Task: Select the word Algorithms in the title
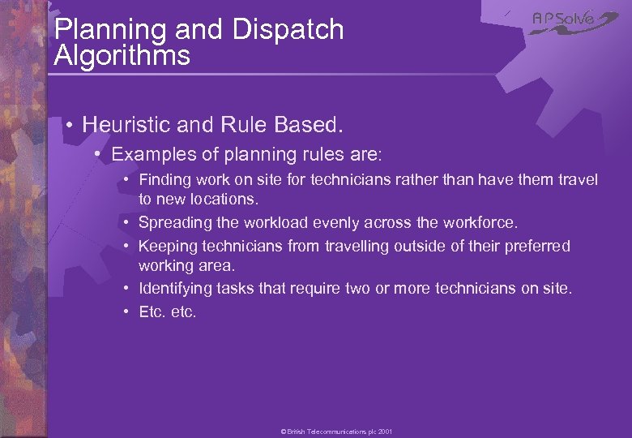click(x=122, y=56)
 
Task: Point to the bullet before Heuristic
click(x=70, y=125)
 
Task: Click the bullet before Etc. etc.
click(x=128, y=311)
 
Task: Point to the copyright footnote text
click(x=336, y=432)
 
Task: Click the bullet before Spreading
click(x=128, y=222)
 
